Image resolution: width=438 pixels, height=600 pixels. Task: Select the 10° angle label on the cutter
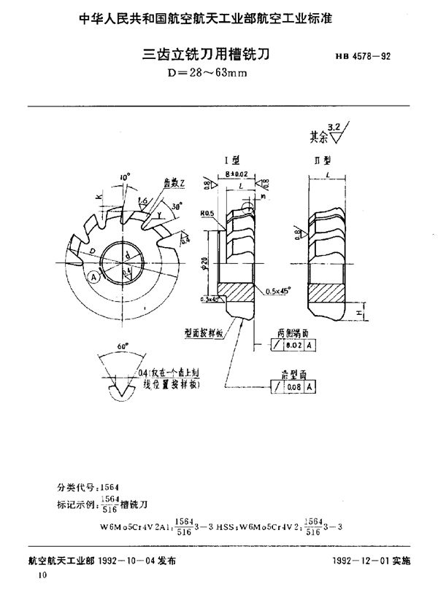click(127, 177)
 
